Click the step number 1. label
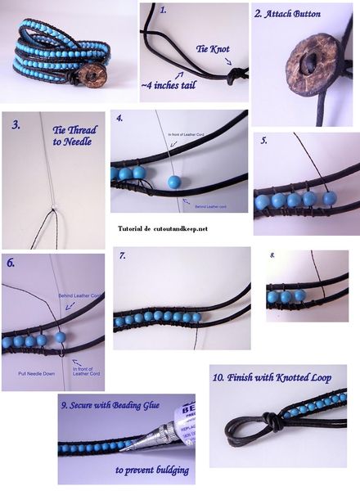(162, 11)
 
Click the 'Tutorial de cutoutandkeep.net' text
(163, 228)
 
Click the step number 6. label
(11, 264)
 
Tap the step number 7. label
(122, 255)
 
